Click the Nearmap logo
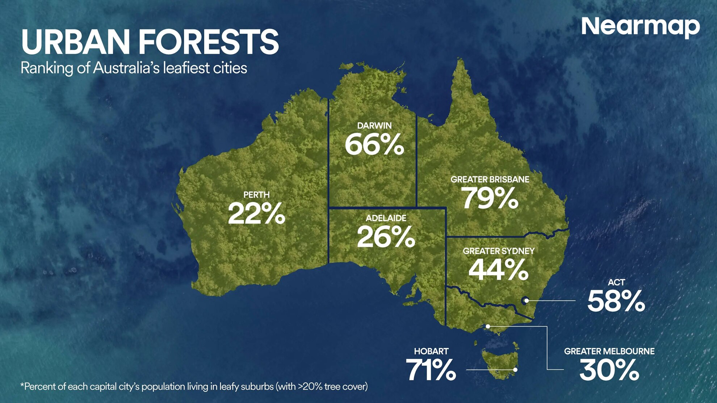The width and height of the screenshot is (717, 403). [640, 27]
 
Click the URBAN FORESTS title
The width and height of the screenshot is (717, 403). [150, 42]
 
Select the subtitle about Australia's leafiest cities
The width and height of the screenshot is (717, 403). [134, 68]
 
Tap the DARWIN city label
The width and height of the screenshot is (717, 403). [374, 126]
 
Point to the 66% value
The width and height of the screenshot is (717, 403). [374, 145]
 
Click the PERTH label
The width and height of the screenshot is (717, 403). [256, 195]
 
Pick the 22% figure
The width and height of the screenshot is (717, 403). [256, 214]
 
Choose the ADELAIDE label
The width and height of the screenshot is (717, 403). [386, 218]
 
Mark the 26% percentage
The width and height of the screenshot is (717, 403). [386, 237]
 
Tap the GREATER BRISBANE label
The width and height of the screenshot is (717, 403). [490, 179]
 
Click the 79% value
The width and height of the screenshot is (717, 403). [490, 198]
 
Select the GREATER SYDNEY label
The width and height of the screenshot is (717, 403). [498, 251]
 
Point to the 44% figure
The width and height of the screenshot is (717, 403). [498, 270]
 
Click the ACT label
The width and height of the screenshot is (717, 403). [616, 282]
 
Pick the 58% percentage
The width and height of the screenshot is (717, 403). [616, 301]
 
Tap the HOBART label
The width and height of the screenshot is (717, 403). [431, 351]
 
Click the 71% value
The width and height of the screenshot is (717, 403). [431, 370]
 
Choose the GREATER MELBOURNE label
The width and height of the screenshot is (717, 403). [609, 351]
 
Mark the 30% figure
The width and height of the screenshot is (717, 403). [609, 370]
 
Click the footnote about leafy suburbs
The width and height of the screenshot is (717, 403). [194, 387]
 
